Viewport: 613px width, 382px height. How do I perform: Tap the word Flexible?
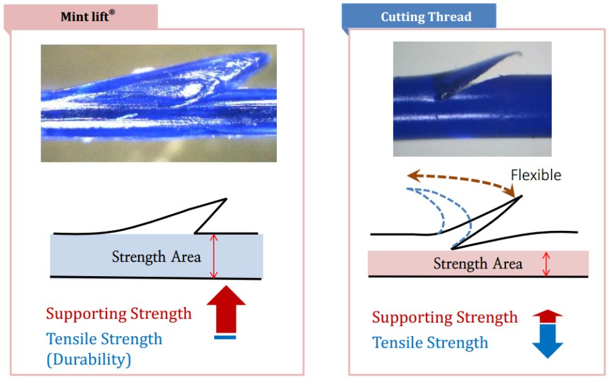click(x=536, y=175)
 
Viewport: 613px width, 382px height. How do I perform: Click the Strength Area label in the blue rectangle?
click(x=156, y=257)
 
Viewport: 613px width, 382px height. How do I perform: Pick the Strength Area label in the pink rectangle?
click(x=477, y=264)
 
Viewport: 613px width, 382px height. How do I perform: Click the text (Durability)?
click(x=88, y=359)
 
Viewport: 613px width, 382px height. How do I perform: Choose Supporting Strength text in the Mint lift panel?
click(x=119, y=314)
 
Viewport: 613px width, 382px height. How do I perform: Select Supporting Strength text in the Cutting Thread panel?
click(x=445, y=317)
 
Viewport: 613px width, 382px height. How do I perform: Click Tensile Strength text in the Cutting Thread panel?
click(x=430, y=343)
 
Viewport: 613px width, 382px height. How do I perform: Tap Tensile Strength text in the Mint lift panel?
click(x=104, y=339)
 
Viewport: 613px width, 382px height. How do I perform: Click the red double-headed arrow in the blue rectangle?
click(x=215, y=256)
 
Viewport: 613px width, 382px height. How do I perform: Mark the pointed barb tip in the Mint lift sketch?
click(x=226, y=199)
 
